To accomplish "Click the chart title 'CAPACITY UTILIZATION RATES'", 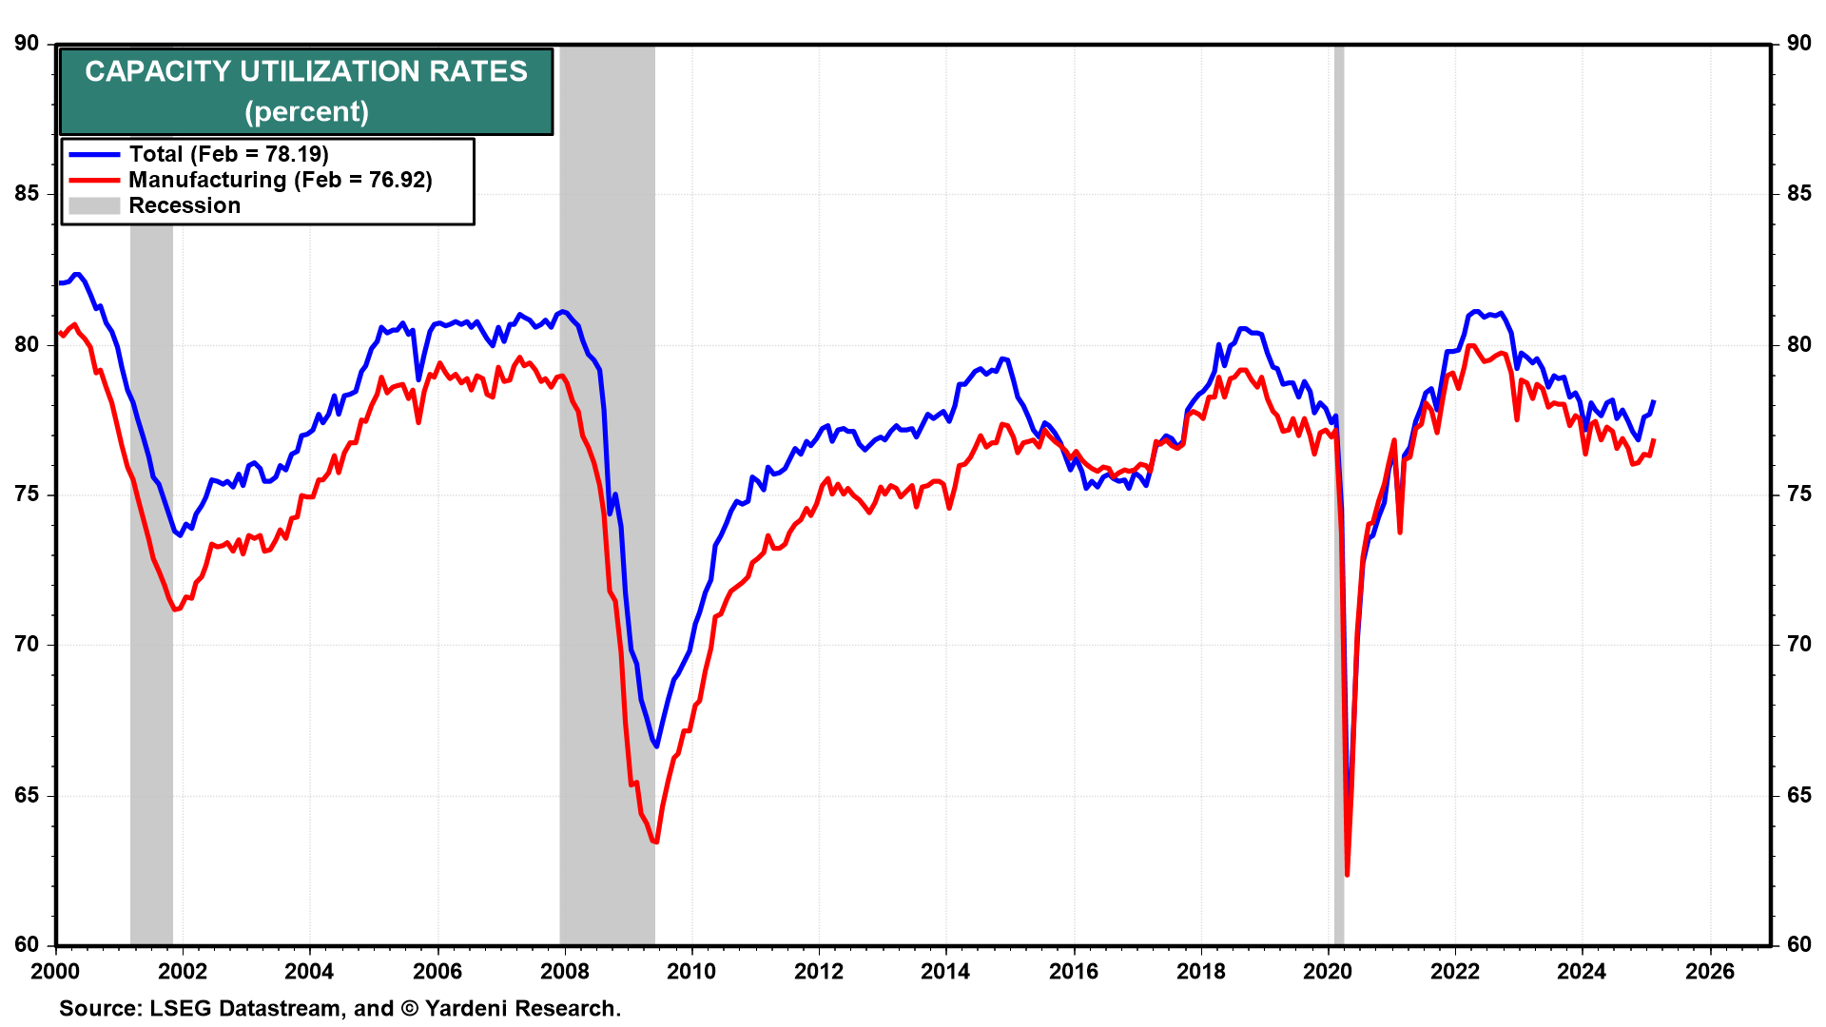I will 305,72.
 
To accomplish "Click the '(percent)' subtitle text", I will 306,112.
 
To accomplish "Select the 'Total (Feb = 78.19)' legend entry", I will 228,154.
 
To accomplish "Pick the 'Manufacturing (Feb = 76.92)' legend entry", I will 280,180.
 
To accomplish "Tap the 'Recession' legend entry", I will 185,205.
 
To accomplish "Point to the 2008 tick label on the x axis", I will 564,971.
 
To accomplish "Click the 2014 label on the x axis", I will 945,971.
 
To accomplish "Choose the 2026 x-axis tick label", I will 1709,971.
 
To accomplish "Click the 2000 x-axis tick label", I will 56,971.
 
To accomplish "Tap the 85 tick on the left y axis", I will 27,194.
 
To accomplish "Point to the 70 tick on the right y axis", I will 1798,645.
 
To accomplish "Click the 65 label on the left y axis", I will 27,795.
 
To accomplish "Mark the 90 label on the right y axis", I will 1798,44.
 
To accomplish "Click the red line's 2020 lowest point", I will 1347,874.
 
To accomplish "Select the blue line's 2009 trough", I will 656,746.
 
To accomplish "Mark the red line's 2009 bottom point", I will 656,842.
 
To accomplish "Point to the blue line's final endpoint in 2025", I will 1654,401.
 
